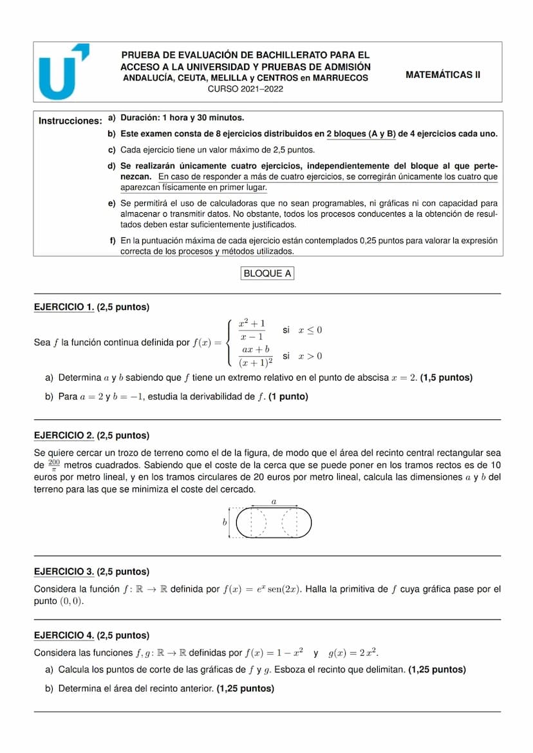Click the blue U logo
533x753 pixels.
[x=62, y=72]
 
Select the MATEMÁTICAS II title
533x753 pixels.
[x=443, y=75]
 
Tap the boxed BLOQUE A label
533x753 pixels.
[x=267, y=273]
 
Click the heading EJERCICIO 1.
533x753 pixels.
[x=64, y=307]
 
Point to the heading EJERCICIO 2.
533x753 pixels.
[x=64, y=435]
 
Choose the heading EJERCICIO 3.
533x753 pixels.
[x=64, y=572]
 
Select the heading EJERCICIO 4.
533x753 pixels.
[x=64, y=635]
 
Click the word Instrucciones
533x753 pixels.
[x=70, y=121]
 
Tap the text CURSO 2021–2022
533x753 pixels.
[x=245, y=89]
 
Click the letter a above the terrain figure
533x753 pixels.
[x=274, y=500]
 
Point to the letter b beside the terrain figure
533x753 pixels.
[x=225, y=523]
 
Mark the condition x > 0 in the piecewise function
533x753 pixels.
[x=310, y=356]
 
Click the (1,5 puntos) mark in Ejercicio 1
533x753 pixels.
[x=446, y=377]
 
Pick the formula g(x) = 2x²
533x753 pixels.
[x=353, y=653]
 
